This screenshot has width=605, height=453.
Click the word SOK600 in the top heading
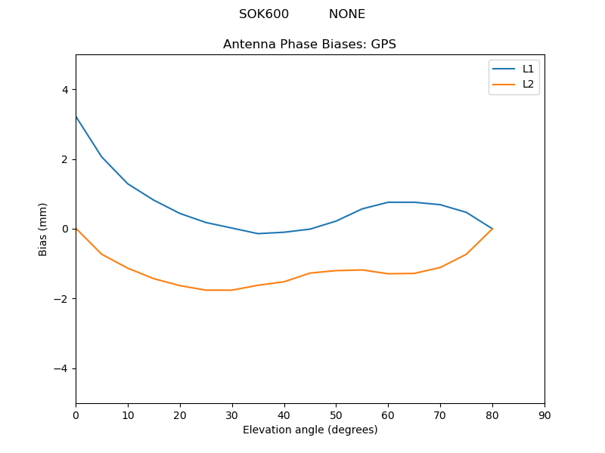click(x=264, y=14)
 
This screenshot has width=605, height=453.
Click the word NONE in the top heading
click(x=347, y=14)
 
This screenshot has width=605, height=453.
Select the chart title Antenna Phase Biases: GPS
click(x=309, y=45)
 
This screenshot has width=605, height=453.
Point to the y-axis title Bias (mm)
click(x=43, y=229)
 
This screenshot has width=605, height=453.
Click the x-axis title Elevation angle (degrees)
click(x=310, y=430)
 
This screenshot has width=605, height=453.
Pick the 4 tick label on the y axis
click(x=64, y=90)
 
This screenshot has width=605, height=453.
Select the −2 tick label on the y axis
click(x=61, y=299)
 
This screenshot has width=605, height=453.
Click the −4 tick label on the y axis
click(x=61, y=368)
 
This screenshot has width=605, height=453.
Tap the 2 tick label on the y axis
click(x=64, y=159)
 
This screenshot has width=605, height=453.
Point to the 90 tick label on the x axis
click(x=544, y=414)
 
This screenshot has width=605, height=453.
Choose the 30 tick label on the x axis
click(x=232, y=414)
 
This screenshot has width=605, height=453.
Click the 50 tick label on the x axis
click(x=336, y=414)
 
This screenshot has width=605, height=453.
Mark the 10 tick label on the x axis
click(x=128, y=414)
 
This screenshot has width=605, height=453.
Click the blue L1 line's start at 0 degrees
click(x=76, y=116)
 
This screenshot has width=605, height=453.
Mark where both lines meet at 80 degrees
click(x=492, y=229)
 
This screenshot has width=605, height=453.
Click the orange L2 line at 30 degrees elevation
click(x=232, y=290)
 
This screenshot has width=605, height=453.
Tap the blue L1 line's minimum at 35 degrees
click(x=258, y=233)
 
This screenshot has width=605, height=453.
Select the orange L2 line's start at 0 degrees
click(x=76, y=229)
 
